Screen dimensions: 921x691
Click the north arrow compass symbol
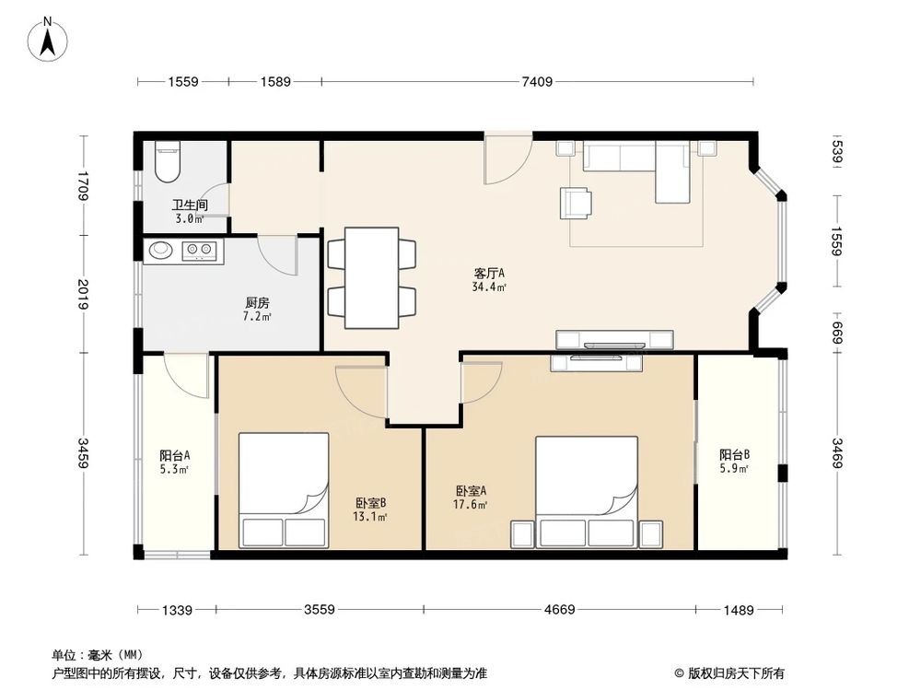48,39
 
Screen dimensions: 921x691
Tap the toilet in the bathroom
167,162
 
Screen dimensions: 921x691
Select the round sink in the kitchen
159,251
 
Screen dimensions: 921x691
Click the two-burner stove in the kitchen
199,251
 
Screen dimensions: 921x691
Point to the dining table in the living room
372,278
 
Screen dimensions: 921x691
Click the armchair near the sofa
576,203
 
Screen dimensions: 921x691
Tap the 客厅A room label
489,274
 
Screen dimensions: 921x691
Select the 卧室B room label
370,504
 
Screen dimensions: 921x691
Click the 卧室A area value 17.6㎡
470,505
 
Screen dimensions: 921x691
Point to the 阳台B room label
734,455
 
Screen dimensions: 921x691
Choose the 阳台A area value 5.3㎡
174,470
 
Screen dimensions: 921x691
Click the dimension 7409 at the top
537,82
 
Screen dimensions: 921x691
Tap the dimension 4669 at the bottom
559,609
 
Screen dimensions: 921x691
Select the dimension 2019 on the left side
83,295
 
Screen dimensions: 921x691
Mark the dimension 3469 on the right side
837,453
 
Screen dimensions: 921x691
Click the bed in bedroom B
284,491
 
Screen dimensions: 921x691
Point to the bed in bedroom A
587,492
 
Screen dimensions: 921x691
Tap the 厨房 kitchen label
257,302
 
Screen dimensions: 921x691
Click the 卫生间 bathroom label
190,205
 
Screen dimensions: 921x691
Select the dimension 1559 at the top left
183,82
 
